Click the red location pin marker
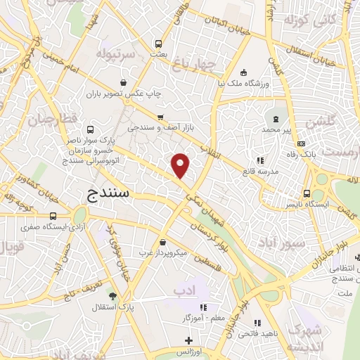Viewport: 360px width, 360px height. [181, 165]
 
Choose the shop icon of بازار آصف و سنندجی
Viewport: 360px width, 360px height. [161, 117]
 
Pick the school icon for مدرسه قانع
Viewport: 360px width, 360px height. [260, 160]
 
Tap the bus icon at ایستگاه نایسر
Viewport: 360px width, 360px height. [307, 193]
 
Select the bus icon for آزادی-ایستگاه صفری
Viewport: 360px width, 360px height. [53, 216]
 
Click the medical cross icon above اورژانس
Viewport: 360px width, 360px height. [188, 340]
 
